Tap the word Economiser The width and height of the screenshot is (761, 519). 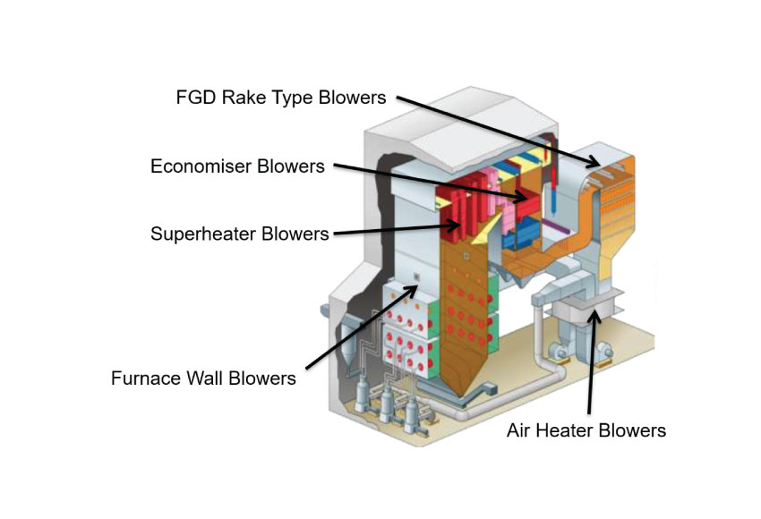(207, 166)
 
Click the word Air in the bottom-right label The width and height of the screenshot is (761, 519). (521, 430)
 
